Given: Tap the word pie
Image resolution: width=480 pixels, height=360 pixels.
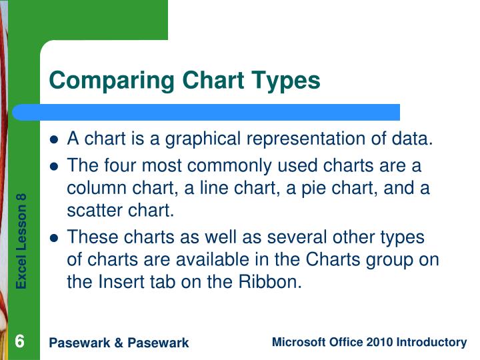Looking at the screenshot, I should [x=294, y=188].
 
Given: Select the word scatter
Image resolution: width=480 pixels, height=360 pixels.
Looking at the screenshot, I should [x=90, y=211].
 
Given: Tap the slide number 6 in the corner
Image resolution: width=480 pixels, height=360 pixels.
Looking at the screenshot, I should [x=20, y=342].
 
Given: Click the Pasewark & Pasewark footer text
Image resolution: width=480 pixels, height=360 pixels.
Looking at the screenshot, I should [x=119, y=343].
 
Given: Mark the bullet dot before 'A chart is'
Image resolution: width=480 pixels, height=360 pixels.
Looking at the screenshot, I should [x=55, y=140].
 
